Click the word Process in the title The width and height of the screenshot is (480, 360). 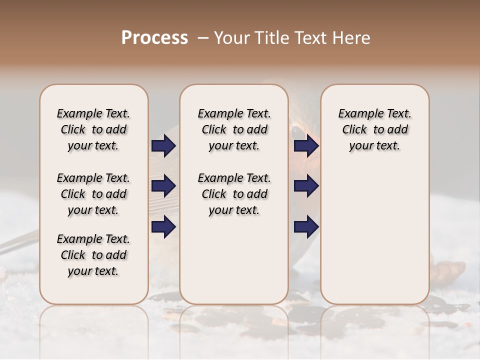[x=154, y=38]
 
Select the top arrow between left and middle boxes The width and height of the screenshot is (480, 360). [x=163, y=146]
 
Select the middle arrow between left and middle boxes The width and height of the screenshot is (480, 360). [x=163, y=186]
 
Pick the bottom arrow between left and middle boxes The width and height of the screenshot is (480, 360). [x=163, y=226]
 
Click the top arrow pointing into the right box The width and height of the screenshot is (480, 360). [x=306, y=146]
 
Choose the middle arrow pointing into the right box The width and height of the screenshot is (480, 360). [x=306, y=186]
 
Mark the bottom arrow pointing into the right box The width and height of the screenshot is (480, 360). [x=306, y=226]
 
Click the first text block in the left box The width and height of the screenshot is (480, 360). [x=93, y=129]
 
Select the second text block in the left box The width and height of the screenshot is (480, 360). [x=93, y=194]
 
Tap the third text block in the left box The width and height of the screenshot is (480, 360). [x=93, y=255]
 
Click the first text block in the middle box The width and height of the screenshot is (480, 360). [x=234, y=129]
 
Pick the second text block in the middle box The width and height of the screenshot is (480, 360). [x=234, y=194]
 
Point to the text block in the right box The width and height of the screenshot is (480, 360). [x=374, y=129]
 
